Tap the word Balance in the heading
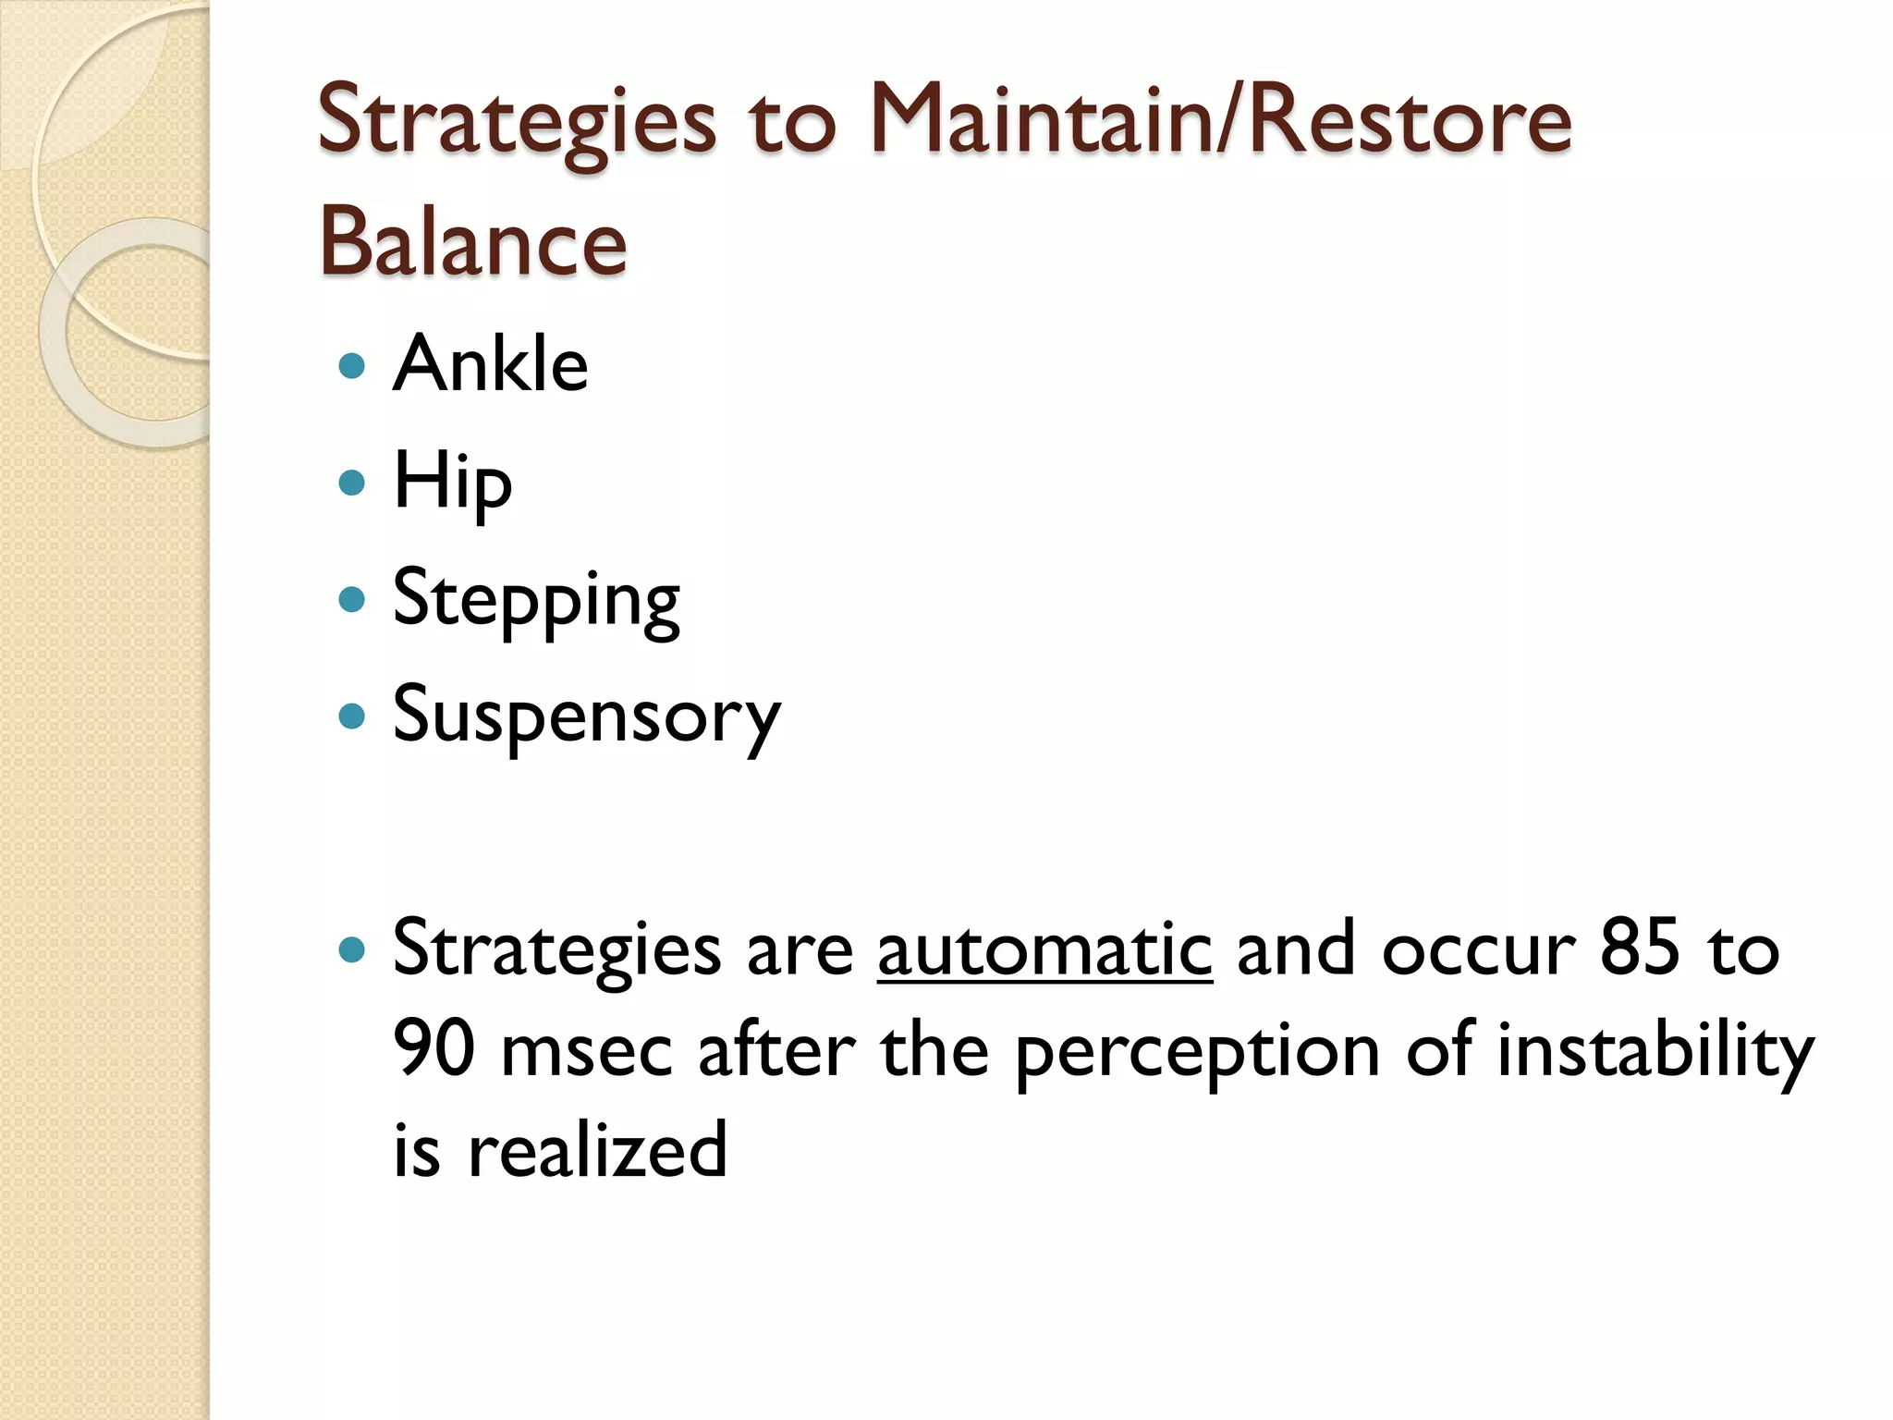[472, 242]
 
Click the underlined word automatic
[1044, 949]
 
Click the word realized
[597, 1151]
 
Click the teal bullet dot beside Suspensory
[352, 716]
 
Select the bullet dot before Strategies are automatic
[352, 949]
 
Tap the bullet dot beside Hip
[352, 483]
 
